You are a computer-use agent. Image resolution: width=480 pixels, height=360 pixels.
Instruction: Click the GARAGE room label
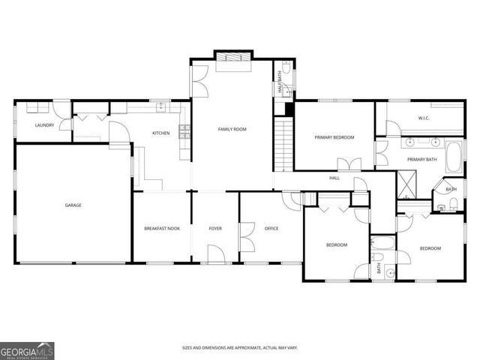73,205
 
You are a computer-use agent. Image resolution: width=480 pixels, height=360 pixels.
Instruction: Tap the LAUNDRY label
44,125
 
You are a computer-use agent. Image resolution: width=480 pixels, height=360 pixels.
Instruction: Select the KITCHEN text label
161,133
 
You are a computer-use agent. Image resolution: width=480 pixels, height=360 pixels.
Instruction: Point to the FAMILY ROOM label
232,129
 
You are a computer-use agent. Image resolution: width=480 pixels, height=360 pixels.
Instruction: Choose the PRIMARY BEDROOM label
334,137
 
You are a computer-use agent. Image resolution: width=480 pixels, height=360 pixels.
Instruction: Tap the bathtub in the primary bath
455,156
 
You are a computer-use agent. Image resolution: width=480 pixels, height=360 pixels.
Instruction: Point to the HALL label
334,178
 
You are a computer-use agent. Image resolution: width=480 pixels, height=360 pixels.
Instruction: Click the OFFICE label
271,228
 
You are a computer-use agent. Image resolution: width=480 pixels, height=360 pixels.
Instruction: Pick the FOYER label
215,228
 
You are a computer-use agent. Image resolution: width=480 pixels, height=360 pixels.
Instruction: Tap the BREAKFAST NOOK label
161,228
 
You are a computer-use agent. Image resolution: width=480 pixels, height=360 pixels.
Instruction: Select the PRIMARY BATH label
421,160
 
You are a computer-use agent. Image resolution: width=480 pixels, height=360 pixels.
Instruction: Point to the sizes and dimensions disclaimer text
239,348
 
